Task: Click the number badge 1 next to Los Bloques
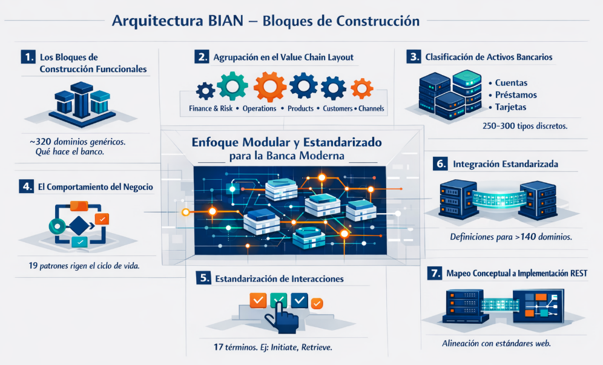[27, 58]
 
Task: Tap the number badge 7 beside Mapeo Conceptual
[434, 273]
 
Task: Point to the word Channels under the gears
[371, 109]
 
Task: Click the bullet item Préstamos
[516, 95]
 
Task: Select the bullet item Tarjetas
[510, 107]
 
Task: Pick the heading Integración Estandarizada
[506, 164]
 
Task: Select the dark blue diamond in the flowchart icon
[78, 226]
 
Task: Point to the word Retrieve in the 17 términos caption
[316, 349]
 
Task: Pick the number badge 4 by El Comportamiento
[27, 186]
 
